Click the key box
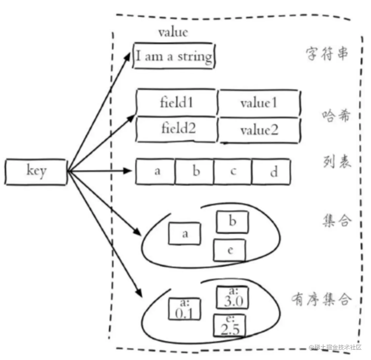36,172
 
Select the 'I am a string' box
174,56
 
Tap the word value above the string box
173,32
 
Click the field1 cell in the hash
177,103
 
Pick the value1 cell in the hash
259,103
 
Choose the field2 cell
178,129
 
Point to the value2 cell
259,130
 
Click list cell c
233,171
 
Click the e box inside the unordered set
230,250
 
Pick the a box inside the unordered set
185,233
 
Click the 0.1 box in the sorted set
185,309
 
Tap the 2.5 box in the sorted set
230,326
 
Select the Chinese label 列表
336,161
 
